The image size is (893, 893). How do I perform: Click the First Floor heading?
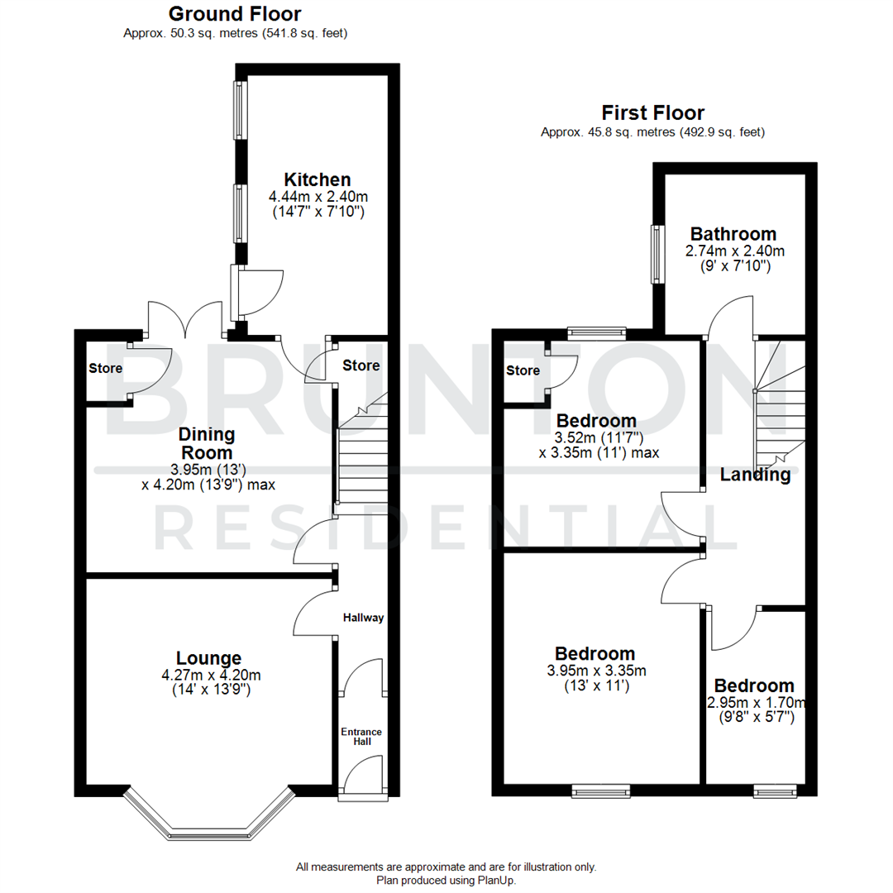pyautogui.click(x=652, y=113)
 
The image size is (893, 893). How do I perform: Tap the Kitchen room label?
pyautogui.click(x=318, y=179)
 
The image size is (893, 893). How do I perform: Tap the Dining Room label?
pyautogui.click(x=208, y=444)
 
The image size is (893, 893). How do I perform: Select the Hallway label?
pyautogui.click(x=364, y=617)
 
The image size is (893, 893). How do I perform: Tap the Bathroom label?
pyautogui.click(x=733, y=234)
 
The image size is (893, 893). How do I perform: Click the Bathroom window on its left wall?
pyautogui.click(x=657, y=254)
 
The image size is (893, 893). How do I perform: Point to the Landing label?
pyautogui.click(x=754, y=475)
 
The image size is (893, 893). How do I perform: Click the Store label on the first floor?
pyautogui.click(x=523, y=370)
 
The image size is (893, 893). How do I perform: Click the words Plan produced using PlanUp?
pyautogui.click(x=446, y=881)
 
